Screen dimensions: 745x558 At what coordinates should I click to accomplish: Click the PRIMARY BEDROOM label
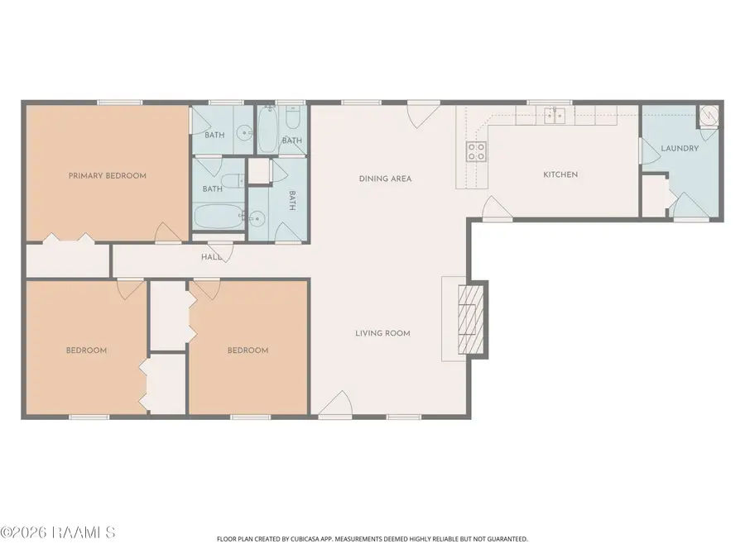[108, 175]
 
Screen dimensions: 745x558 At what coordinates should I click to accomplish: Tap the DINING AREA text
[385, 179]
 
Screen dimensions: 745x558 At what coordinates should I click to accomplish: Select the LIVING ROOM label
[383, 333]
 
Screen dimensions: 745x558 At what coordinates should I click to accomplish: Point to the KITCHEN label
[560, 174]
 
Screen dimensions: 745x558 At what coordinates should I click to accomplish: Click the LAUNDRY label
[680, 149]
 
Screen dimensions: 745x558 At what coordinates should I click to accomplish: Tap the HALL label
[211, 257]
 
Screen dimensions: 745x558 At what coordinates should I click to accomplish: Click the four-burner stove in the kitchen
[476, 152]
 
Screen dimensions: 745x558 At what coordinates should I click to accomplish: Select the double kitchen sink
[555, 115]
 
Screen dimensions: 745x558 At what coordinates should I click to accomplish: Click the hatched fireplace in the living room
[470, 320]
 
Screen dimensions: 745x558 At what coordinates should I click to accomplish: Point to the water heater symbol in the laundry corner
[708, 115]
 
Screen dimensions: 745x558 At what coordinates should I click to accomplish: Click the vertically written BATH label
[292, 201]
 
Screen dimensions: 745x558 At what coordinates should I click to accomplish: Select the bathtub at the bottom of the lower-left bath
[219, 217]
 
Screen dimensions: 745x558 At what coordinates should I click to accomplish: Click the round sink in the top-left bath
[245, 132]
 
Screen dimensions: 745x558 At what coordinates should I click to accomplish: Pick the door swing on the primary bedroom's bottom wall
[168, 232]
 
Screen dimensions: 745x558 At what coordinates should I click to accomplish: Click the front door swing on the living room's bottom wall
[335, 404]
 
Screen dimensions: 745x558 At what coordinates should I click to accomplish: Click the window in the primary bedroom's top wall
[120, 103]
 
